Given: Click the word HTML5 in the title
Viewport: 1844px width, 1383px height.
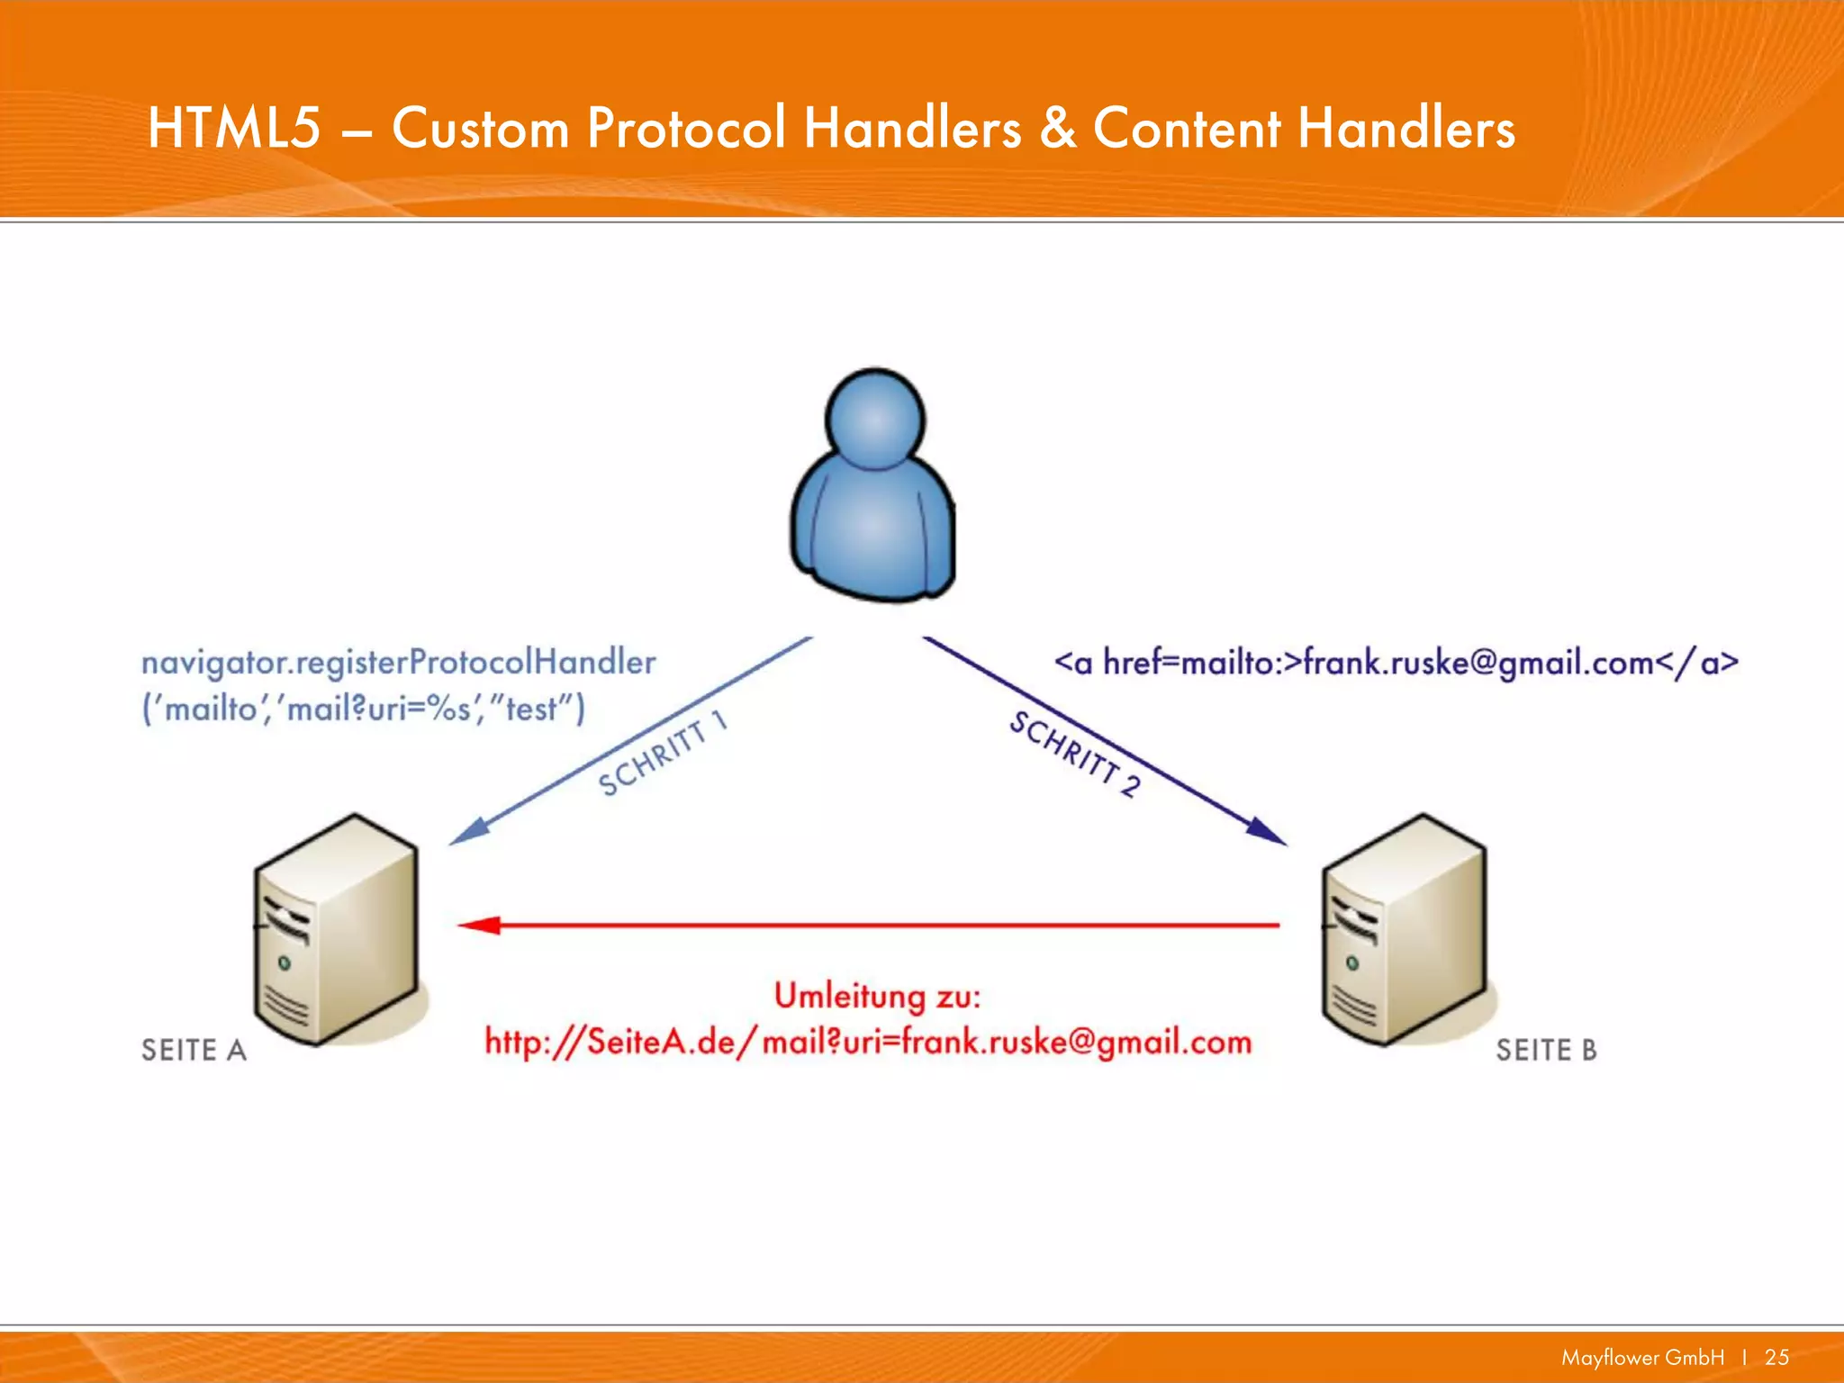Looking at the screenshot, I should (234, 128).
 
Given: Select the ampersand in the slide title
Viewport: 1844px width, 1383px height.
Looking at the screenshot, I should (1057, 128).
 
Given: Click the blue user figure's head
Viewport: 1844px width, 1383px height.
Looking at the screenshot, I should (875, 420).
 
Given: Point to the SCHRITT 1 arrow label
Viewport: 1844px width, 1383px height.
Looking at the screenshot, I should (662, 755).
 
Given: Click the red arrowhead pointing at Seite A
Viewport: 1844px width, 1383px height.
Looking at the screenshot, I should (479, 925).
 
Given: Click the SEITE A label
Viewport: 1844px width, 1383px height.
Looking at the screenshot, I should (194, 1050).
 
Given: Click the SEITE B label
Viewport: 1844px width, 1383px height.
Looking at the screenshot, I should (1546, 1050).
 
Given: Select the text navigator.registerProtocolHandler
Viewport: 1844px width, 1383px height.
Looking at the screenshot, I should (398, 664).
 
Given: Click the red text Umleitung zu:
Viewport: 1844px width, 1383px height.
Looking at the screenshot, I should (877, 996).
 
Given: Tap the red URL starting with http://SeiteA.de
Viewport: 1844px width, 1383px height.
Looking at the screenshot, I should (868, 1043).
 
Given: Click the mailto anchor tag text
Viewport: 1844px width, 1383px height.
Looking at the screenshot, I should (1396, 664).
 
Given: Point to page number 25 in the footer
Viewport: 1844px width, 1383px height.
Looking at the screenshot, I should (1776, 1357).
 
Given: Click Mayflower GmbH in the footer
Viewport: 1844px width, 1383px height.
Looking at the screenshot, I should (1642, 1357).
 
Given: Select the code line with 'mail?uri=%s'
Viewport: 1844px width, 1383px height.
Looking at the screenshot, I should (363, 710).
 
